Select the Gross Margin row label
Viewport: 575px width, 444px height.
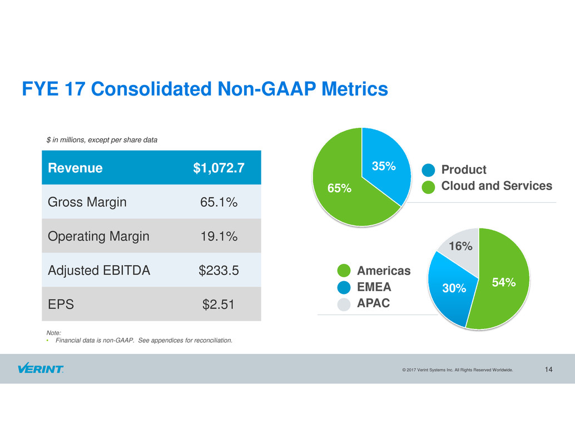tap(87, 202)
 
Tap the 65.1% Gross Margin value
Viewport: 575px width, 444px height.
tap(219, 202)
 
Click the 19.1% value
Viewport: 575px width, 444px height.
tap(219, 236)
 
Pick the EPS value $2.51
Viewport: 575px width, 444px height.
tap(219, 305)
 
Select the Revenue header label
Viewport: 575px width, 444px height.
tap(75, 168)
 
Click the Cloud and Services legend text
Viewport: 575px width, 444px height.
tap(497, 186)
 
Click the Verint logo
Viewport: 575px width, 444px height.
tap(40, 369)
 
